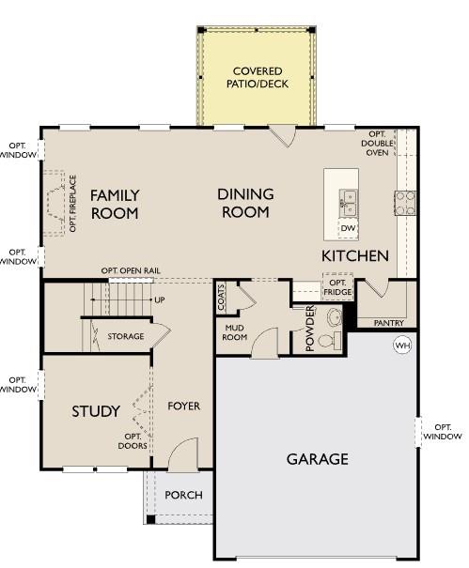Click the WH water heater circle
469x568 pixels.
(402, 345)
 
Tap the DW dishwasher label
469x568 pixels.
(348, 228)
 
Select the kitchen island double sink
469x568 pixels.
(348, 203)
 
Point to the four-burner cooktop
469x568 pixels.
(405, 203)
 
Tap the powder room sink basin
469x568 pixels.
(334, 316)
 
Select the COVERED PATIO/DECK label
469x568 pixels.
(258, 78)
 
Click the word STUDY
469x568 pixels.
(96, 411)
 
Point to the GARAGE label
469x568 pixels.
(318, 459)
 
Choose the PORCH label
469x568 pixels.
(183, 495)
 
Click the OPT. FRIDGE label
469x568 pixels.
(337, 287)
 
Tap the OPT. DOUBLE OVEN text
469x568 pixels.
(377, 144)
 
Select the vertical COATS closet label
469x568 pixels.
(221, 297)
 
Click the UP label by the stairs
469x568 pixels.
(160, 299)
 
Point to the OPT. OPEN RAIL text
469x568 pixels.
(131, 270)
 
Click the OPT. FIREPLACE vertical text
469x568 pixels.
(73, 203)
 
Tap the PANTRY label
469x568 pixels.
(389, 323)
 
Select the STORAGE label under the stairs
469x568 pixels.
(126, 336)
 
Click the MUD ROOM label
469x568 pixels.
(235, 332)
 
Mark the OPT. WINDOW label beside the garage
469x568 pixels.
(443, 432)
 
